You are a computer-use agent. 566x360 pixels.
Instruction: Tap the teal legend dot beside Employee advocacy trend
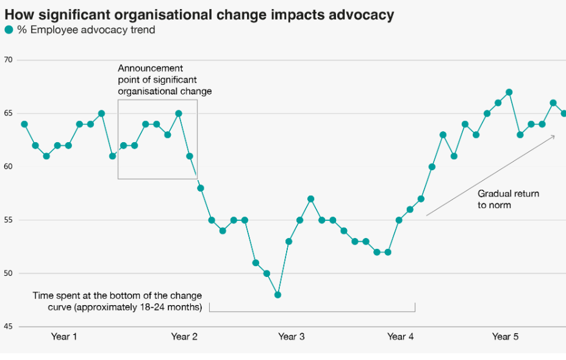coord(9,30)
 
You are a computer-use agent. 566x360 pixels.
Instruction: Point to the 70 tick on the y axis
coord(8,60)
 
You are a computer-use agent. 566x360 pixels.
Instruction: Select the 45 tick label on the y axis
coord(8,326)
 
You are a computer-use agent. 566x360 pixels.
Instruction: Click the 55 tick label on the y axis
coord(8,220)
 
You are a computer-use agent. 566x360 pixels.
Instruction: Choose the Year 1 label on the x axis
coord(64,337)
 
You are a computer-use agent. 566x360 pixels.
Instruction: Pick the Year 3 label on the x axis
coord(292,337)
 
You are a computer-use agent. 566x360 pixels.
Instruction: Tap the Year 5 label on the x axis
coord(506,337)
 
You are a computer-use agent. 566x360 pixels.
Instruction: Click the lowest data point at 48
coord(278,295)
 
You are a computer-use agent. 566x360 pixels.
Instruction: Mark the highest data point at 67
coord(509,92)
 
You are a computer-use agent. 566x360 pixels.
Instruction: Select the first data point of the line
coord(24,124)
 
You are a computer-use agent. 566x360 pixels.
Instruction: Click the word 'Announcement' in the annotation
coord(150,68)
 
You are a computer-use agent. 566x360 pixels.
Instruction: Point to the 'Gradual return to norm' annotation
coord(508,200)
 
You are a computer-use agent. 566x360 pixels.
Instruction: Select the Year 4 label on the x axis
coord(400,337)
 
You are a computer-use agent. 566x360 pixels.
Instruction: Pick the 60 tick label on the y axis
coord(8,167)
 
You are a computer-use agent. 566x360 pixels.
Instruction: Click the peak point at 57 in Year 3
coord(311,199)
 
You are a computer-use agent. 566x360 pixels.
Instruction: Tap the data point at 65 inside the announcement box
coord(178,113)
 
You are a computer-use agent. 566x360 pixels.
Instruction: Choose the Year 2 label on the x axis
coord(184,337)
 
